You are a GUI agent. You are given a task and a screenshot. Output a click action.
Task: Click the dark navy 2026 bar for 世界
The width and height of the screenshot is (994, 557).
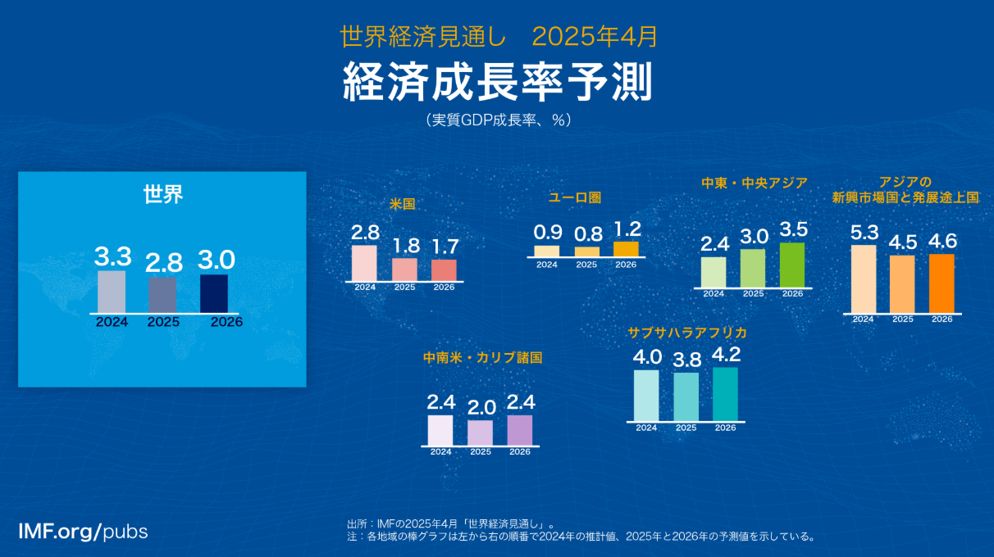coord(214,294)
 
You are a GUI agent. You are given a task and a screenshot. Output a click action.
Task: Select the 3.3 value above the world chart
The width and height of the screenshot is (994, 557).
coord(112,256)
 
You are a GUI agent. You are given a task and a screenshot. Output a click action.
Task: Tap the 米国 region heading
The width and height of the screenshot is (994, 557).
coord(402,204)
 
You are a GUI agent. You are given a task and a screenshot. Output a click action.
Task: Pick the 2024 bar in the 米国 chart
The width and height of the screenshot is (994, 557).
coord(364,263)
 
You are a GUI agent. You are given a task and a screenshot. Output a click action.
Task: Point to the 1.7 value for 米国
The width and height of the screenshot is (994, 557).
coord(445,247)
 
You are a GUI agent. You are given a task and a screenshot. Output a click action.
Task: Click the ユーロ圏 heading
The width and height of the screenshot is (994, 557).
coord(575,197)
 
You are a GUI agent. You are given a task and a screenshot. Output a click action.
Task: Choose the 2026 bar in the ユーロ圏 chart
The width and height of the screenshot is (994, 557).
coord(626,249)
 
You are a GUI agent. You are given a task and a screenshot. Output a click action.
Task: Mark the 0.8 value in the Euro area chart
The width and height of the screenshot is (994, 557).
coord(588,234)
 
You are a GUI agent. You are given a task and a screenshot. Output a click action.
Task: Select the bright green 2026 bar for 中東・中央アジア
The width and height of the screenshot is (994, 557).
coord(792,265)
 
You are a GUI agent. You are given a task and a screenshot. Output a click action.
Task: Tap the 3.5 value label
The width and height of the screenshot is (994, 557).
coord(793,229)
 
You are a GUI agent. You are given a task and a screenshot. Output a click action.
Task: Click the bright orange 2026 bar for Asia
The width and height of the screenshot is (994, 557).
coord(942,283)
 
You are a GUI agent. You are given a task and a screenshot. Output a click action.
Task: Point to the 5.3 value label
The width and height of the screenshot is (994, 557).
coord(864,233)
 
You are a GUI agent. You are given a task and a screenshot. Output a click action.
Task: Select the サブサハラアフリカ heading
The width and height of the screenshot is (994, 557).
coord(687,333)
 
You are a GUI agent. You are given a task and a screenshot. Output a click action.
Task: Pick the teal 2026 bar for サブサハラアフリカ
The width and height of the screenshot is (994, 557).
coord(726,394)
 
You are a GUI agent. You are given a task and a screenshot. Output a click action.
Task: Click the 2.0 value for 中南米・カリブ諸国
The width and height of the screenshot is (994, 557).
coord(481,408)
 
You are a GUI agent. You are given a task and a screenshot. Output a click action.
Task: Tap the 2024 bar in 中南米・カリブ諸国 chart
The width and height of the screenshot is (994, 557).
coord(440,430)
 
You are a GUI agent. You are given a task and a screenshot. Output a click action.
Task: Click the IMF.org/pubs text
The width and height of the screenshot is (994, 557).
coord(83,532)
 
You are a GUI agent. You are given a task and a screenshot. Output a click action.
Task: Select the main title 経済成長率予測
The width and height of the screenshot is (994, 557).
coord(498,82)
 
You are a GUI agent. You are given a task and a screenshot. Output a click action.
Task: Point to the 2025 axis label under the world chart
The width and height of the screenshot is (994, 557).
coord(163,322)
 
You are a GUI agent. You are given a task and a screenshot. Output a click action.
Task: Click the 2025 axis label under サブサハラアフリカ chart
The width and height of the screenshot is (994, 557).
coord(686,428)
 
